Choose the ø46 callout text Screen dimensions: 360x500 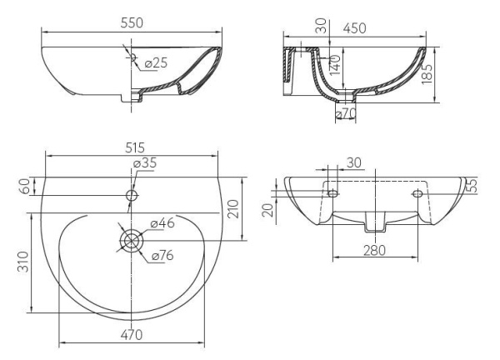coord(162,223)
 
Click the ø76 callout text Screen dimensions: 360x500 coord(162,256)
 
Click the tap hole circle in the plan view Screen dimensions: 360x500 coord(131,195)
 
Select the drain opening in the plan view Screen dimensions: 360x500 coord(131,239)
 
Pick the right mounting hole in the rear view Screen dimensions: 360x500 coord(418,193)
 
